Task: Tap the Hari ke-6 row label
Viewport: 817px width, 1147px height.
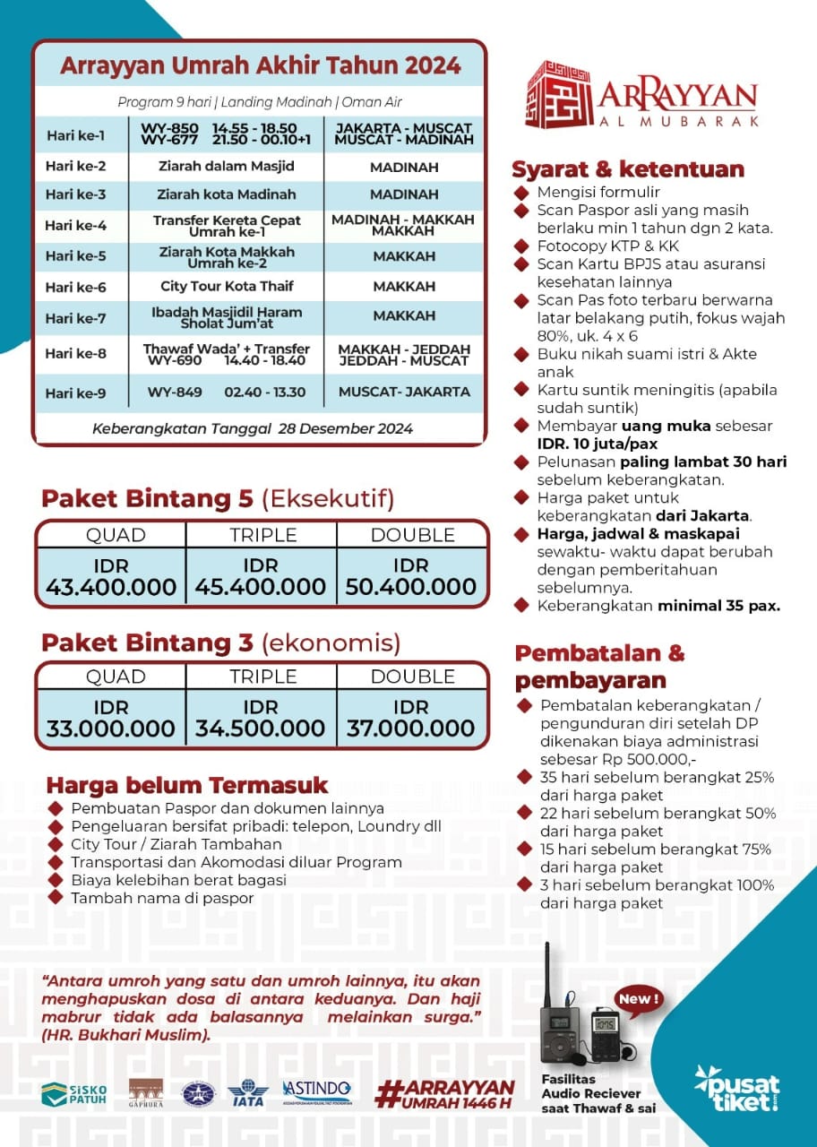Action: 75,287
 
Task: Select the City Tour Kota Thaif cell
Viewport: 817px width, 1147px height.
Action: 227,287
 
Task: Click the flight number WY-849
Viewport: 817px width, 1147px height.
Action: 175,392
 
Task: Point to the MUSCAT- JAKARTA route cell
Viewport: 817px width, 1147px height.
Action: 404,392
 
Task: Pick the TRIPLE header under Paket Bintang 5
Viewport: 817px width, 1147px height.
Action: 262,535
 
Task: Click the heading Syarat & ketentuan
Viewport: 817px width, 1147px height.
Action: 627,169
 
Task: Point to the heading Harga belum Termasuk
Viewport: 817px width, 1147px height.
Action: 187,786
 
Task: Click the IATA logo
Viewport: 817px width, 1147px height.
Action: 247,1092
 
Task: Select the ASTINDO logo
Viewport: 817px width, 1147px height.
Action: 317,1091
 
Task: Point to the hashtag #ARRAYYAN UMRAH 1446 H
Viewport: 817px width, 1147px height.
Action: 445,1093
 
